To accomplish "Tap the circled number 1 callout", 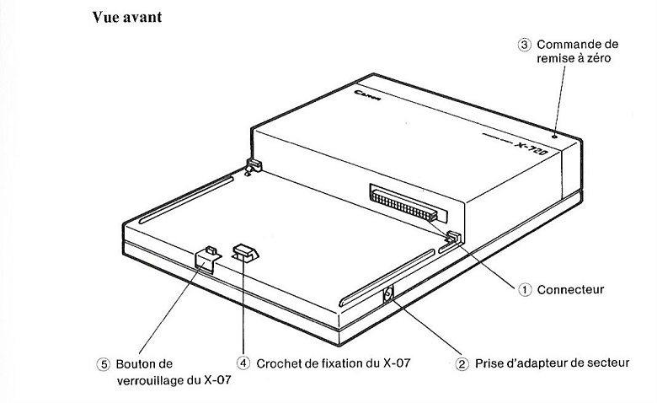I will pos(525,289).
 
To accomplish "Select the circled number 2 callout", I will pos(462,364).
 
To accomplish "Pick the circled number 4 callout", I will pos(243,363).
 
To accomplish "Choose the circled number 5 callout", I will pos(103,364).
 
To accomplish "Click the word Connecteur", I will pos(573,289).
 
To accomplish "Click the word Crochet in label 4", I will pos(281,363).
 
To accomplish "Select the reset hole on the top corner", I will pos(553,136).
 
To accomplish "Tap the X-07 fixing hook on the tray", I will pos(244,252).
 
